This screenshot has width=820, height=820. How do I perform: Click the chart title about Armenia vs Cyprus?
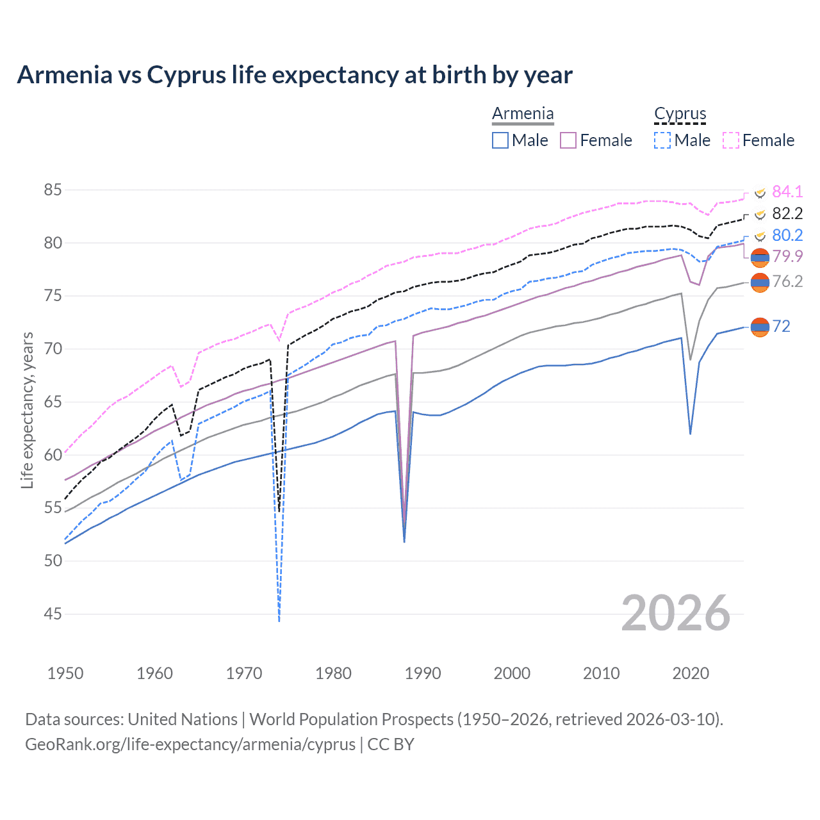(x=295, y=75)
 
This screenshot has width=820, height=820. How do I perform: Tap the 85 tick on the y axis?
(x=53, y=190)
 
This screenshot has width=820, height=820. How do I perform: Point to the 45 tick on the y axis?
(x=53, y=614)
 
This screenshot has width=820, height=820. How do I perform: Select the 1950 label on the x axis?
(x=65, y=673)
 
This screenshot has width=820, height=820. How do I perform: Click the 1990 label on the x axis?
(x=423, y=673)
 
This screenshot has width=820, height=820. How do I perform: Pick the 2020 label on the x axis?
(x=691, y=673)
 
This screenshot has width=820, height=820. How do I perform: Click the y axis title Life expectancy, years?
(x=28, y=410)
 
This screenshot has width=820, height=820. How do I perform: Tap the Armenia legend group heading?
(x=523, y=114)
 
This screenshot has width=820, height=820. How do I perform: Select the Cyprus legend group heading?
(x=680, y=114)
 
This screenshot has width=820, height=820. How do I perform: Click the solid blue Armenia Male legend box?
(x=500, y=140)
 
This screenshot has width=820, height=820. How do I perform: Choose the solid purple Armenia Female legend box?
(x=568, y=140)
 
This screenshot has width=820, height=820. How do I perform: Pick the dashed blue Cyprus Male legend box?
(x=662, y=140)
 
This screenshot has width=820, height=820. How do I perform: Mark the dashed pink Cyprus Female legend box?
(x=731, y=140)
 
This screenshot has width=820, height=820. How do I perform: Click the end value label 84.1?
(x=787, y=192)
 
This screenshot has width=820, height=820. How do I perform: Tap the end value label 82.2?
(x=787, y=213)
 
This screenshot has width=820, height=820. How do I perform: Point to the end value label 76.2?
(x=787, y=281)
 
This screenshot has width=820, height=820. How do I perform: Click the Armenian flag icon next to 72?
(x=760, y=327)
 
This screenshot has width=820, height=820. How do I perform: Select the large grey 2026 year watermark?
(x=675, y=613)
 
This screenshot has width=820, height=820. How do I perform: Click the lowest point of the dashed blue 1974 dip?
(x=279, y=620)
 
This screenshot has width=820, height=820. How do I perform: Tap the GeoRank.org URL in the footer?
(x=190, y=744)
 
